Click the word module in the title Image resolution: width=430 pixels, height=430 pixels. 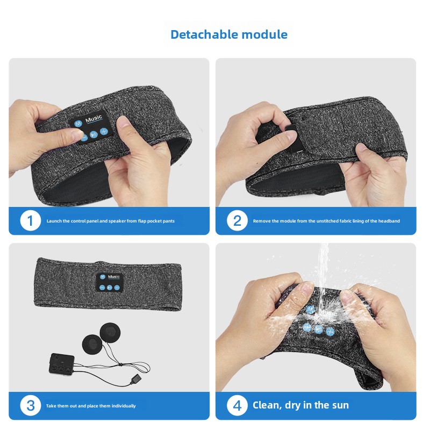pyautogui.click(x=264, y=35)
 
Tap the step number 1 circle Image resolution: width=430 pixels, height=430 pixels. pyautogui.click(x=30, y=220)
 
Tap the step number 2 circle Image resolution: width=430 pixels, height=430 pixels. pyautogui.click(x=237, y=220)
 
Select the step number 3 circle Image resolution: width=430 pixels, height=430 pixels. pyautogui.click(x=30, y=405)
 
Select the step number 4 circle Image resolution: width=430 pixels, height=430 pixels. pyautogui.click(x=237, y=405)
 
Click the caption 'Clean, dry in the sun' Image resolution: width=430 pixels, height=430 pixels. pyautogui.click(x=300, y=405)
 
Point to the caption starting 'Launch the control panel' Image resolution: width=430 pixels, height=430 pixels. pyautogui.click(x=110, y=221)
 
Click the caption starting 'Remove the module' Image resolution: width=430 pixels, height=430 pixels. pyautogui.click(x=326, y=221)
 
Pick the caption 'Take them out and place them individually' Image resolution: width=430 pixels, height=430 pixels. pyautogui.click(x=91, y=406)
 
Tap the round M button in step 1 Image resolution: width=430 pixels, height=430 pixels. pyautogui.click(x=78, y=123)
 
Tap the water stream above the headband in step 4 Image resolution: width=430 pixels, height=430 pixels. pyautogui.click(x=323, y=269)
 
